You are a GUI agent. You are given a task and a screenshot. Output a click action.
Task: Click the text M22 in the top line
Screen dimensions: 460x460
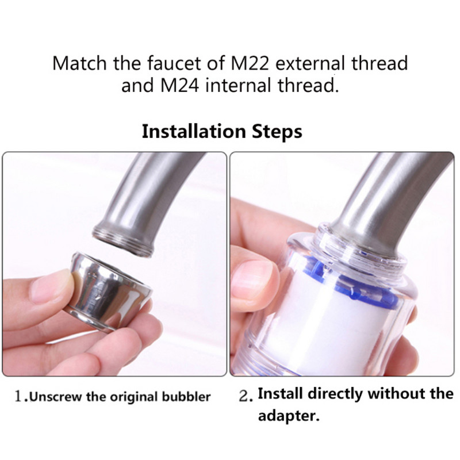(250, 63)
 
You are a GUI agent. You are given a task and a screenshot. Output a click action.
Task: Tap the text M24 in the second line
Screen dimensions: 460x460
(180, 85)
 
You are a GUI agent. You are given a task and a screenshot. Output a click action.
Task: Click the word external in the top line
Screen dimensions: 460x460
(310, 63)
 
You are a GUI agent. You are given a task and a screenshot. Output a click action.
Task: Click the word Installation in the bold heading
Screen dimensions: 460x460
(194, 132)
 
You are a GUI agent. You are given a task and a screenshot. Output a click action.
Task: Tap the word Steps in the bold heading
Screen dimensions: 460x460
(277, 132)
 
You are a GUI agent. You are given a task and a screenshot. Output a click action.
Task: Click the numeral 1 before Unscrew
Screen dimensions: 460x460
(19, 396)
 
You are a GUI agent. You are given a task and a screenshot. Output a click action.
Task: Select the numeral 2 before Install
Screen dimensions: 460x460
(243, 396)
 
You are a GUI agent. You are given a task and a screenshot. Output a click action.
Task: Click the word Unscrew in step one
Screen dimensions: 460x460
(55, 397)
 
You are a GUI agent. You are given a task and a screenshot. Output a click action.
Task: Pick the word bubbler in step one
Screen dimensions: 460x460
(186, 397)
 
